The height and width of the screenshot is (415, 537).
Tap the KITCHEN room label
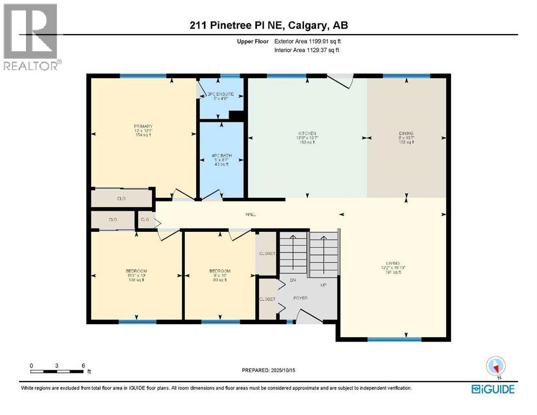pos(307,133)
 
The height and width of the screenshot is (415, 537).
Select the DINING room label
pos(406,133)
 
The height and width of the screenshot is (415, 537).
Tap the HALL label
pos(250,215)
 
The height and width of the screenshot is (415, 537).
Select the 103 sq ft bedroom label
pos(137,271)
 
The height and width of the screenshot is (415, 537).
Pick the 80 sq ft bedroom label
pos(220,271)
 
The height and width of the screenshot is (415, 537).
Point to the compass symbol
pos(496,366)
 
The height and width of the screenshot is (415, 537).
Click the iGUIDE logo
pos(493,389)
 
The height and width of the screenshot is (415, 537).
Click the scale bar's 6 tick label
pos(83,365)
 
